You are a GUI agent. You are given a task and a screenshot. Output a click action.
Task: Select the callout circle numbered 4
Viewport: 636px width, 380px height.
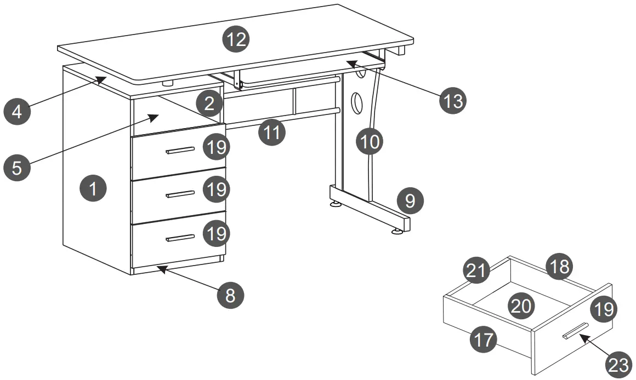(17, 112)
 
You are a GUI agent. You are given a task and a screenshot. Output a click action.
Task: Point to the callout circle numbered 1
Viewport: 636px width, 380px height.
(93, 189)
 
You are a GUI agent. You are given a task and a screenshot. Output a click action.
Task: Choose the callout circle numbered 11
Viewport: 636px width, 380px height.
(272, 132)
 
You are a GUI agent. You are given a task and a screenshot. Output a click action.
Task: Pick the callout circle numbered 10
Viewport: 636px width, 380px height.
(370, 142)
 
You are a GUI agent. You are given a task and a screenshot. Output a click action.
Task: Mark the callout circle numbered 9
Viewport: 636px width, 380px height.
(411, 201)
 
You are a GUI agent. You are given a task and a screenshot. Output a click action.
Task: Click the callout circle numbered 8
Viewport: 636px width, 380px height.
(230, 296)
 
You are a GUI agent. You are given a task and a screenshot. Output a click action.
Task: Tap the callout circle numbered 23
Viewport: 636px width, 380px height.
(619, 364)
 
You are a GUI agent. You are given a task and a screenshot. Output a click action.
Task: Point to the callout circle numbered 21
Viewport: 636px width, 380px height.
(476, 271)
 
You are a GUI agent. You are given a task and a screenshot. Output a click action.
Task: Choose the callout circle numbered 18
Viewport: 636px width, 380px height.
(559, 267)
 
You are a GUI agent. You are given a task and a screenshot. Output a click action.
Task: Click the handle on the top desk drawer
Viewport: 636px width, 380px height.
(180, 150)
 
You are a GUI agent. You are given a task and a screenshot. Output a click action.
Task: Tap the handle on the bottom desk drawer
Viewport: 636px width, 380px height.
(180, 238)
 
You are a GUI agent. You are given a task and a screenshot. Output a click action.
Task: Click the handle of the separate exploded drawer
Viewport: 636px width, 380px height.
(573, 331)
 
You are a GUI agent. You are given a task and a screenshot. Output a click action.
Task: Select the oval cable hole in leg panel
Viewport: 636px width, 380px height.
(356, 102)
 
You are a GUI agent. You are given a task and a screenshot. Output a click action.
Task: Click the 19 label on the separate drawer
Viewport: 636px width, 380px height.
(603, 310)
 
